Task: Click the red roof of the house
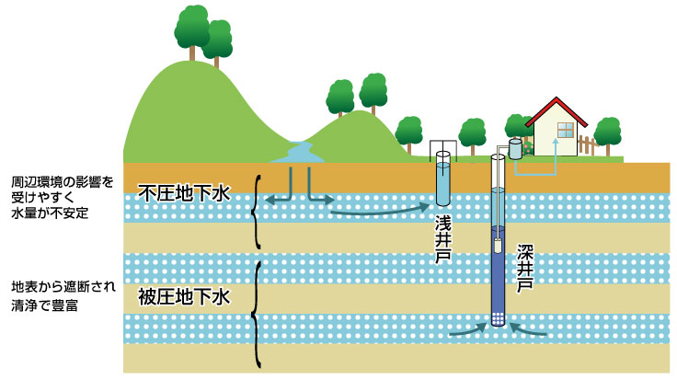point(556,112)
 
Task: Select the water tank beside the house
point(515,147)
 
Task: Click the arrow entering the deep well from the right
point(533,328)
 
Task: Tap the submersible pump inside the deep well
point(499,246)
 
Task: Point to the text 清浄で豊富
point(43,305)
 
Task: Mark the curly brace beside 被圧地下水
point(257,313)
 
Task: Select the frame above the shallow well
point(442,147)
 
